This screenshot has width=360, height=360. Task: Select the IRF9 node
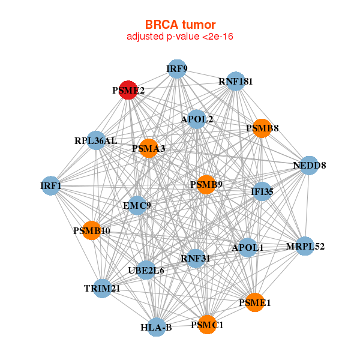coord(176,69)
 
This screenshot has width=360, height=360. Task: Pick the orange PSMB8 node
coord(262,127)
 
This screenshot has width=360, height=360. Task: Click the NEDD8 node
coord(308,165)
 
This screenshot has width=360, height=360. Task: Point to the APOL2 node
coord(197,119)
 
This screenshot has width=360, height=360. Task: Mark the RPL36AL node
coord(97,141)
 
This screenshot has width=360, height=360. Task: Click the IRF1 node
coord(52,186)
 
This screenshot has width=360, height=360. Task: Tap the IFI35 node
coord(262,192)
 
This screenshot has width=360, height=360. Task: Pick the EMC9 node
coord(137,206)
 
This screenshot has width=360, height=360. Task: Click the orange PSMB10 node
coord(91,230)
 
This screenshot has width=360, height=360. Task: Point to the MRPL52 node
coord(305,246)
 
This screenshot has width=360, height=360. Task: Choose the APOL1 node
coord(248,247)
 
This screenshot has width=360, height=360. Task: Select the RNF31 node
coord(196,259)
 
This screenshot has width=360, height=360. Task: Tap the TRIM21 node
coord(103,289)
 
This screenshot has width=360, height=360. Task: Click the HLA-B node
coord(157,327)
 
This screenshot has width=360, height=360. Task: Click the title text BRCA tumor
coord(180,25)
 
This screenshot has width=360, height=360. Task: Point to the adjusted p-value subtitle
coord(180,37)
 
